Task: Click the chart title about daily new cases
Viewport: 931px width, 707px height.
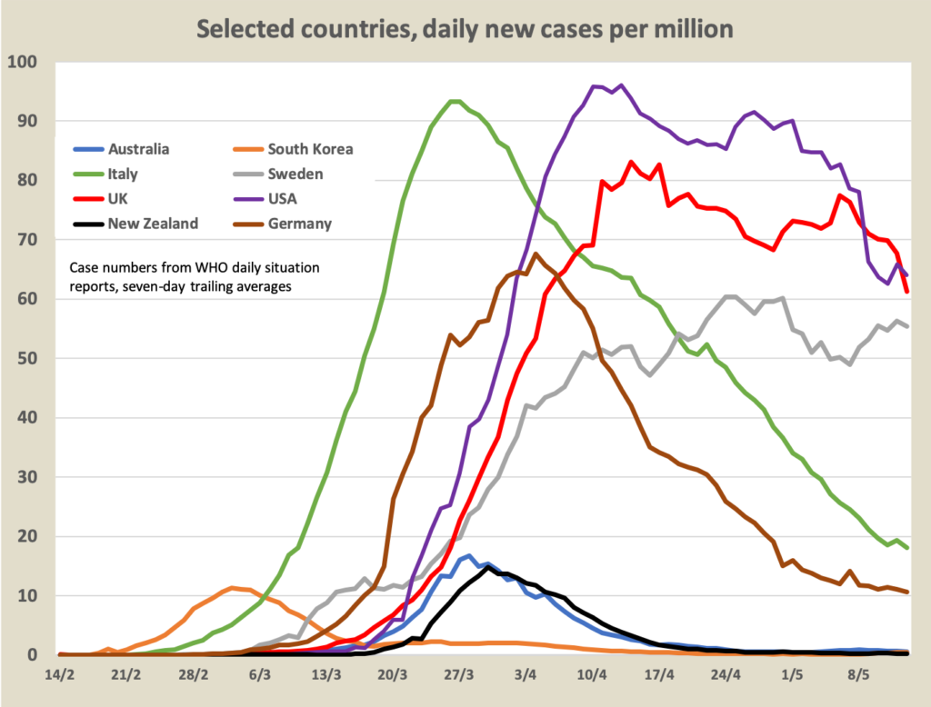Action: point(465,29)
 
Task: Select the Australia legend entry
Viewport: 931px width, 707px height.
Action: point(138,149)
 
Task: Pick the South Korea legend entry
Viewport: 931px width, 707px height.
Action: point(309,149)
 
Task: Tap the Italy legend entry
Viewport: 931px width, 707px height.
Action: point(122,174)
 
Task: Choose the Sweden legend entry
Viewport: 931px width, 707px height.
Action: point(296,174)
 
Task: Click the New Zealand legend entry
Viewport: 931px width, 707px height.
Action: point(152,224)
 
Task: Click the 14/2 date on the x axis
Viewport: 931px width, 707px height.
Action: point(60,676)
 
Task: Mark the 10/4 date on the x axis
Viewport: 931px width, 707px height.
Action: point(592,676)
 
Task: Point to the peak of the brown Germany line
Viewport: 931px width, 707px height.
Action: point(536,254)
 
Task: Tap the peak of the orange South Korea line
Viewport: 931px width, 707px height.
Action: point(233,588)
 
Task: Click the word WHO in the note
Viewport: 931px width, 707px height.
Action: point(195,268)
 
